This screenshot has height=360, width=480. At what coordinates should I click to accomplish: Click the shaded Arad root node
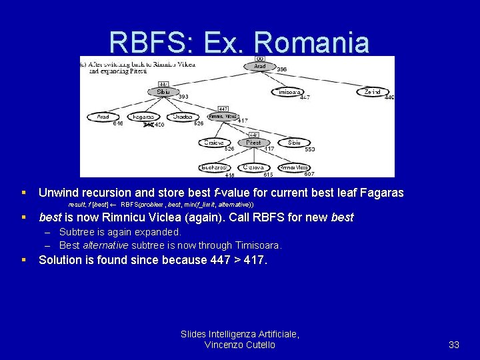coord(259,66)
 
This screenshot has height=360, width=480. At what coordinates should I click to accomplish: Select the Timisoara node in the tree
coord(287,92)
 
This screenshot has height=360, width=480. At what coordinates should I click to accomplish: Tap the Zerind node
coord(373,92)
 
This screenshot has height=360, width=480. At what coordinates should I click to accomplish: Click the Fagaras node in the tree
coord(143,117)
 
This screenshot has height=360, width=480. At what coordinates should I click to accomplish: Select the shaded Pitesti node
coord(253,142)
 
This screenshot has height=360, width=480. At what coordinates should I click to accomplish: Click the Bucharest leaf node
coord(214,167)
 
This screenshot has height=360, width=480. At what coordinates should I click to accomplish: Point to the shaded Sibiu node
coord(163,92)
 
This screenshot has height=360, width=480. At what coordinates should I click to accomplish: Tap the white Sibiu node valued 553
coord(294,142)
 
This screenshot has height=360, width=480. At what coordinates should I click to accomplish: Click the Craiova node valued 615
coord(253,167)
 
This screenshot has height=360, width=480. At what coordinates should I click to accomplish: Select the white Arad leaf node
coord(103,117)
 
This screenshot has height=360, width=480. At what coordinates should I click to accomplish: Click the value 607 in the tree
coord(309,175)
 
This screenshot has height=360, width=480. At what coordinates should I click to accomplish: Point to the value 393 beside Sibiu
coord(183,97)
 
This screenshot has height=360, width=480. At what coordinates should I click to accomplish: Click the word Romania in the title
coord(311,43)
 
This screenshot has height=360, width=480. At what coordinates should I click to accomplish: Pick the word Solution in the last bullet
coord(60,260)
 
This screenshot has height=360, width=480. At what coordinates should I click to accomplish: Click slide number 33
coord(454,345)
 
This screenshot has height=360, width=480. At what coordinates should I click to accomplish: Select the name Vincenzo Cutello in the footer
coord(240,345)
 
